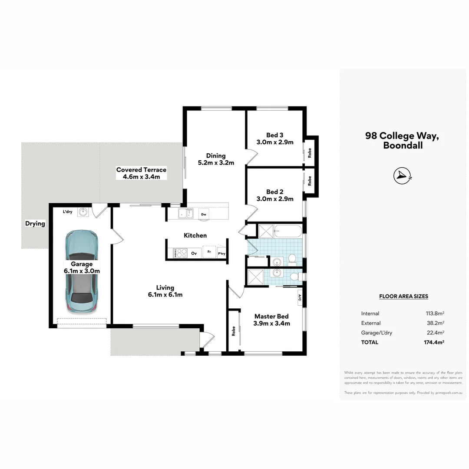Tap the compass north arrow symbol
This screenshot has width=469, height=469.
click(x=402, y=175)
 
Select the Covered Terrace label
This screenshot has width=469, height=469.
click(x=141, y=170)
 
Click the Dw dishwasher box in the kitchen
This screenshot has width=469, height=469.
click(x=203, y=214)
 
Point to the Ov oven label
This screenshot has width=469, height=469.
click(x=194, y=253)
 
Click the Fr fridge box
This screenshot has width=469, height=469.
click(x=209, y=252)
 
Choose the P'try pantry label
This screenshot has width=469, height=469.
click(x=221, y=254)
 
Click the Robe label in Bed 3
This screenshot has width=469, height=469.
click(x=310, y=152)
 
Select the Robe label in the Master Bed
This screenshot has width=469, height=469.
click(x=234, y=331)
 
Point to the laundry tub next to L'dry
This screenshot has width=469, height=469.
click(x=83, y=212)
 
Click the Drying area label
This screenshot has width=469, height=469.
click(x=35, y=224)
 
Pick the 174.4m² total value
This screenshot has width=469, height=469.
click(x=435, y=342)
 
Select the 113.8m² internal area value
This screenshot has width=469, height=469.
click(x=435, y=314)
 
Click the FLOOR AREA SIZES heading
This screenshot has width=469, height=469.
click(x=403, y=296)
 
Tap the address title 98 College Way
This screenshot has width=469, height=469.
click(x=402, y=135)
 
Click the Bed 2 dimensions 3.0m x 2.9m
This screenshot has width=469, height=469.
click(x=274, y=199)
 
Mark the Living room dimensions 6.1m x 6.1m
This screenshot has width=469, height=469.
click(x=165, y=295)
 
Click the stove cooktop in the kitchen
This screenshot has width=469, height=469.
click(x=180, y=253)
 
